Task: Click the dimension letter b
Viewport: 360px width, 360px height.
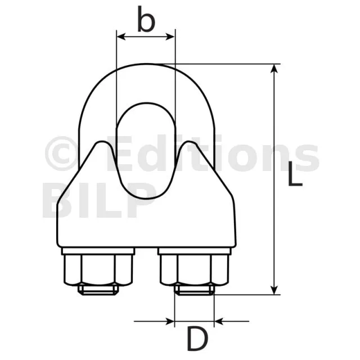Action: (146, 19)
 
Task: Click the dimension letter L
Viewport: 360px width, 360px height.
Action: (295, 174)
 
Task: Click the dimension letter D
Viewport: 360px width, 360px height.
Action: (197, 339)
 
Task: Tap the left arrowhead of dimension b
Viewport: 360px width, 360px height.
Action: (121, 37)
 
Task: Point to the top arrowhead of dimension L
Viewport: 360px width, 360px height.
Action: (274, 69)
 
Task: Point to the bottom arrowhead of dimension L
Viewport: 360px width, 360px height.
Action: (274, 289)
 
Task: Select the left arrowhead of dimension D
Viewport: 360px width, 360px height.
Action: (170, 321)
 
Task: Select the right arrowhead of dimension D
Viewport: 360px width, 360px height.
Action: (219, 321)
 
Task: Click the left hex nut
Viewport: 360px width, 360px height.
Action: (98, 270)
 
